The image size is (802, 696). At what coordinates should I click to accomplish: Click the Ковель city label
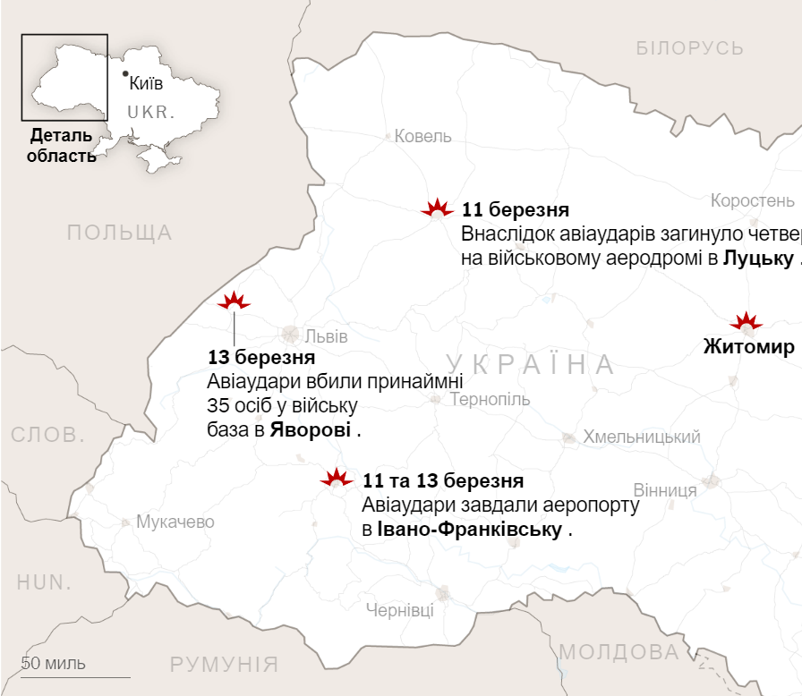(423, 137)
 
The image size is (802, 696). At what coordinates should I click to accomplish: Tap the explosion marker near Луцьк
(438, 209)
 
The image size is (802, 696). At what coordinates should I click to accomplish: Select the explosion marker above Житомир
(745, 322)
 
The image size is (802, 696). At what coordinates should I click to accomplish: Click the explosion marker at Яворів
(235, 301)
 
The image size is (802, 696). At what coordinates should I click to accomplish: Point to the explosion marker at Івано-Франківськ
(337, 478)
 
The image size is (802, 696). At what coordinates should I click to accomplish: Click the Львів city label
(326, 337)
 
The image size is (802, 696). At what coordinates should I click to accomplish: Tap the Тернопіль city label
(490, 400)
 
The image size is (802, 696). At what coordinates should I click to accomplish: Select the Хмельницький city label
(642, 437)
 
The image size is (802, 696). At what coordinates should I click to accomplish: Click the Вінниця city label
(665, 490)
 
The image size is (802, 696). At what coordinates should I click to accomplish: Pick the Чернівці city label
(400, 610)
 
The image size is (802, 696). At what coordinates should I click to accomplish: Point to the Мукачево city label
(175, 522)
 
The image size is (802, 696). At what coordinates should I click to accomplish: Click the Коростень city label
(752, 199)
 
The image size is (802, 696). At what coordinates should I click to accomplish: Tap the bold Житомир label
(748, 347)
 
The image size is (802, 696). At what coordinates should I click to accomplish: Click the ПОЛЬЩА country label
(119, 233)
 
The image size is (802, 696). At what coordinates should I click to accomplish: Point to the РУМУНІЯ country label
(225, 665)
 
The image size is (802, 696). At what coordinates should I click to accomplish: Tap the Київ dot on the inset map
(124, 73)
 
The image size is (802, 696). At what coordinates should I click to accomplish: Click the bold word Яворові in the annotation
(311, 430)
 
